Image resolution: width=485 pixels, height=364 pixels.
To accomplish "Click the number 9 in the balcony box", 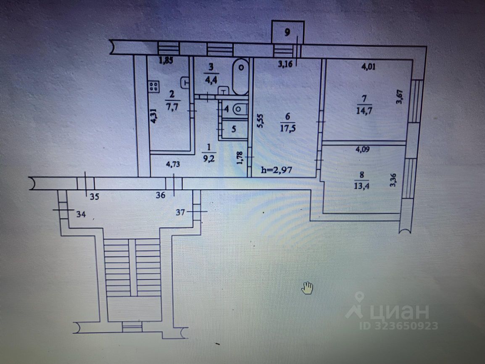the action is [x=287, y=32].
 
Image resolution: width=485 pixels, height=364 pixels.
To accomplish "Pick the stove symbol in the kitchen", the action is [x=153, y=87].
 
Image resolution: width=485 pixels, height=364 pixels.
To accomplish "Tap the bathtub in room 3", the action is [x=240, y=78].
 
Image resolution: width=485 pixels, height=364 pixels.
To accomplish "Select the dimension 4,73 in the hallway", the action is [x=171, y=165].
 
